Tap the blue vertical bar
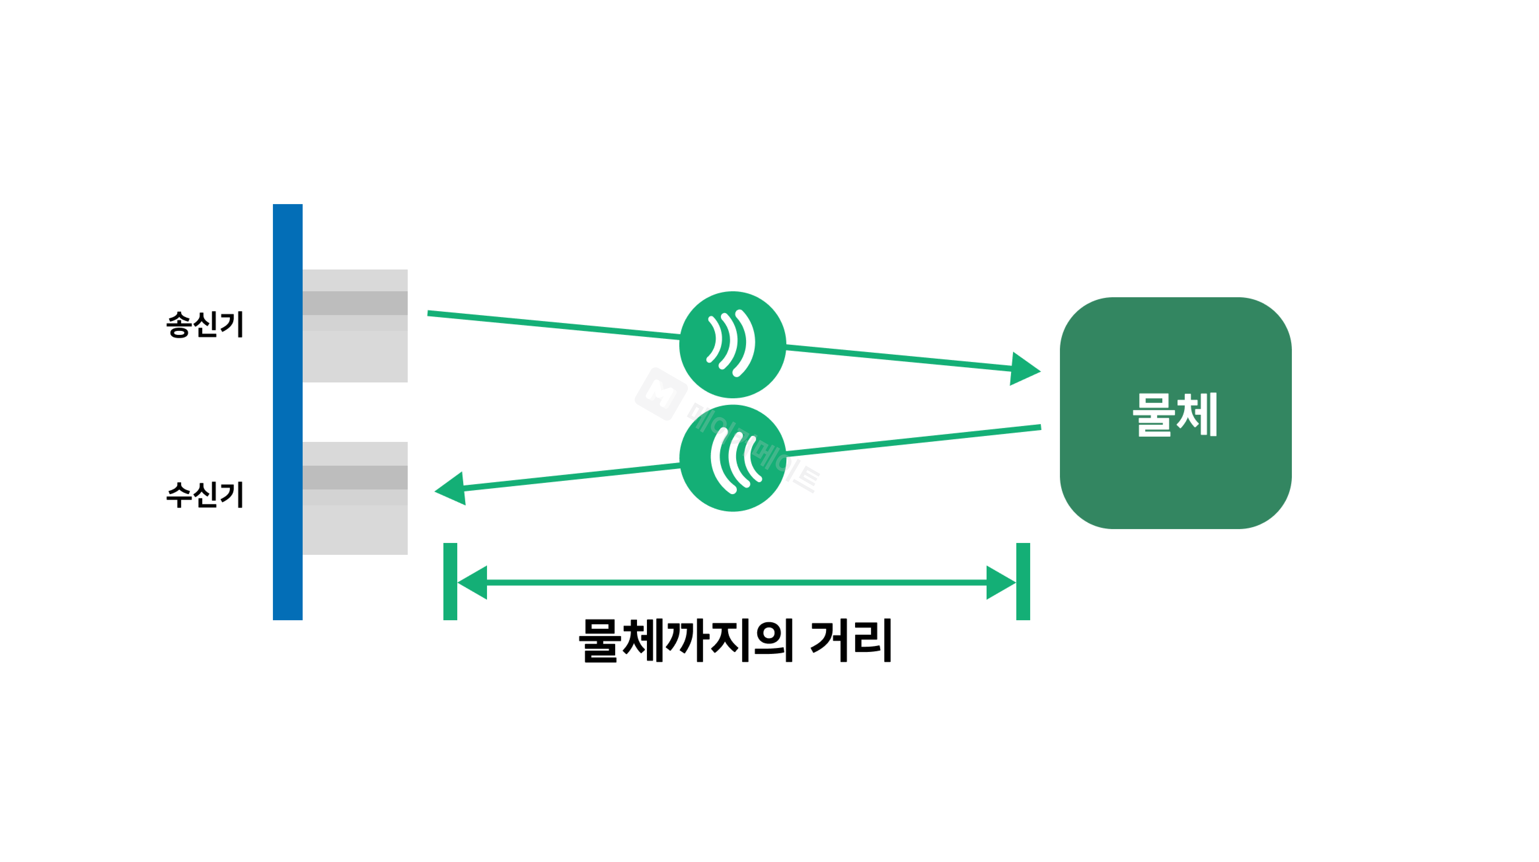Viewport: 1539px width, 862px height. click(x=287, y=412)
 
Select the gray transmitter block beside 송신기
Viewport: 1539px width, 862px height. click(x=355, y=352)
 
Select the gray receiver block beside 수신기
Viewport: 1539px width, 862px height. click(x=355, y=526)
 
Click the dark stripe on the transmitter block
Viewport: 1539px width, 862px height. click(x=355, y=303)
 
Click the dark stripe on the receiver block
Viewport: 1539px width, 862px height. click(x=355, y=477)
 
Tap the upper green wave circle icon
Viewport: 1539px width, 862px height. click(x=732, y=345)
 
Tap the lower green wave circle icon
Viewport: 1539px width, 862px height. click(x=732, y=458)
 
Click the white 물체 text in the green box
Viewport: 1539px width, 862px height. click(x=1175, y=414)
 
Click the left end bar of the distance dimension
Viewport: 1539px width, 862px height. click(x=450, y=581)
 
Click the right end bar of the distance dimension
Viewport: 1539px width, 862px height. click(x=1023, y=581)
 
